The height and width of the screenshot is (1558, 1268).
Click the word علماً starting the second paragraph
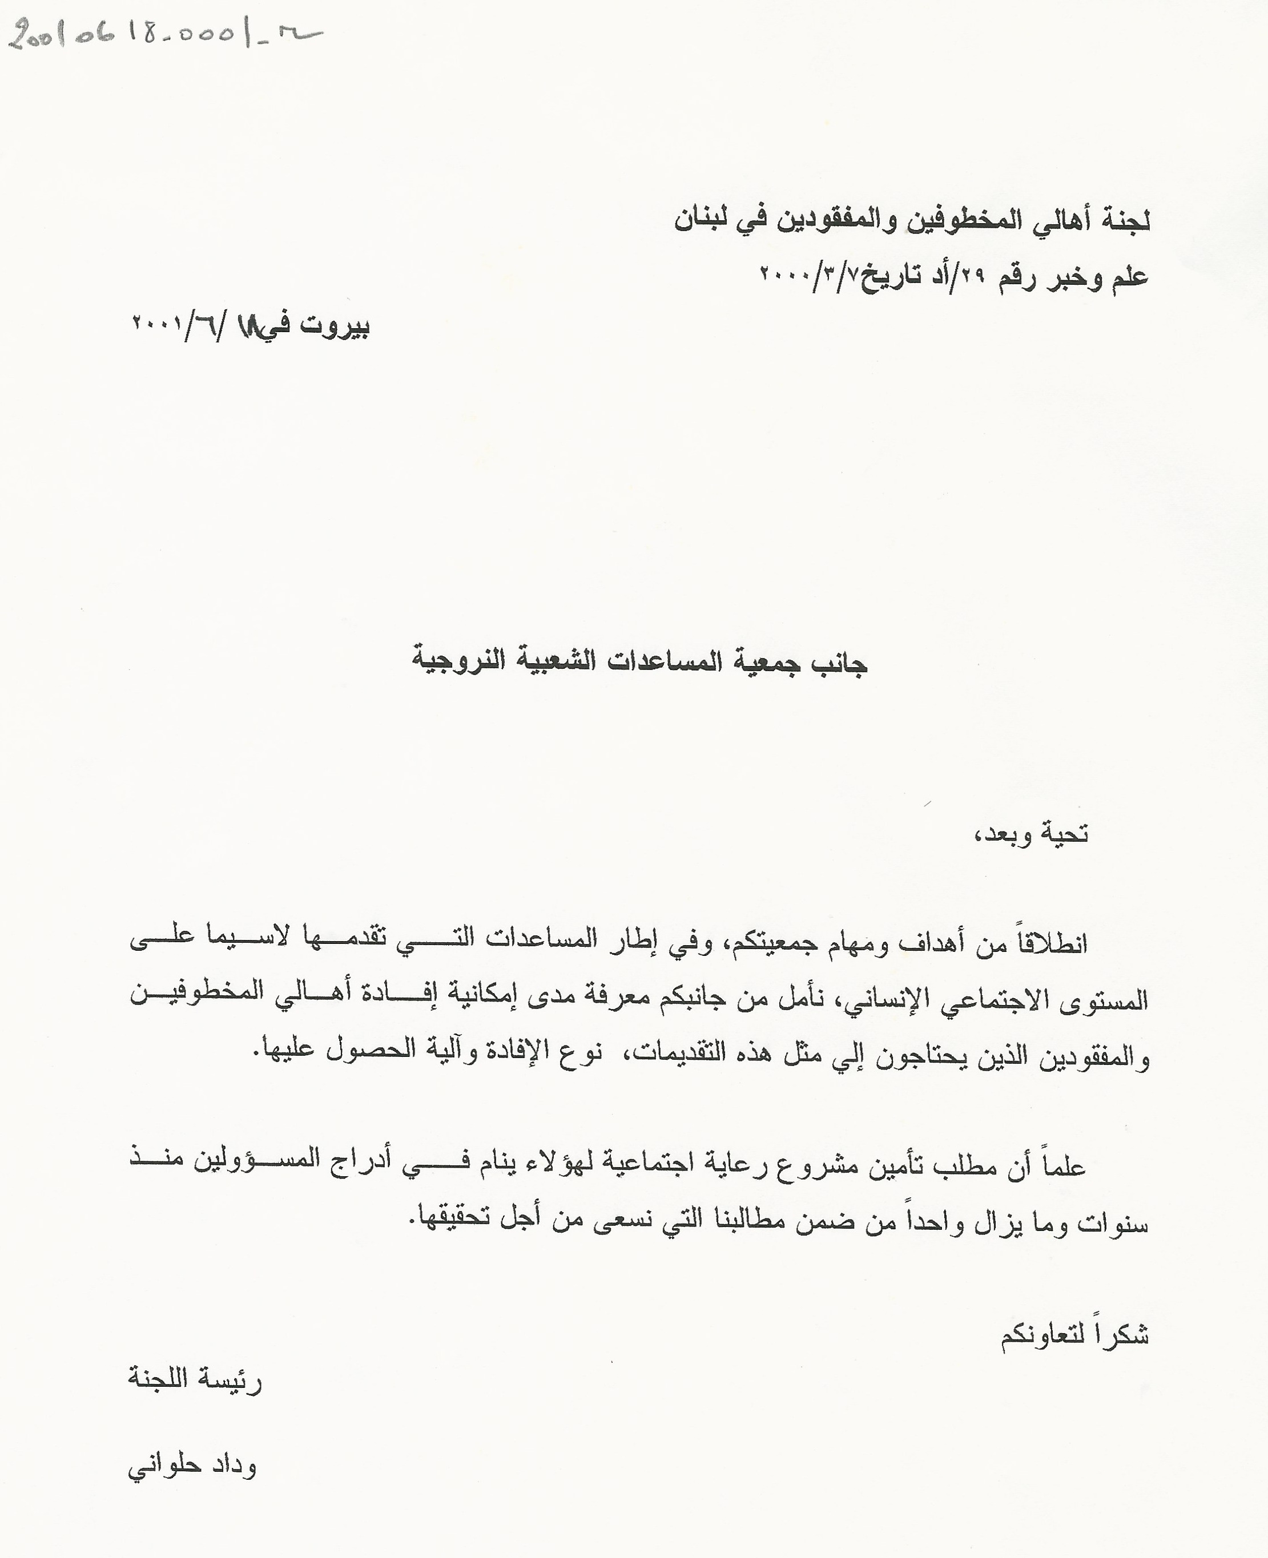[1062, 1166]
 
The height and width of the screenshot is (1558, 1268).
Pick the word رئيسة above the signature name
[234, 1381]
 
